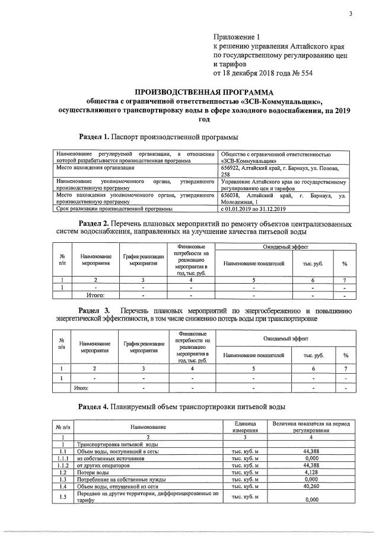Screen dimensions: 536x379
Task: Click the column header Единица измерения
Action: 244,427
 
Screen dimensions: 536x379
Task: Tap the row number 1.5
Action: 62,496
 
